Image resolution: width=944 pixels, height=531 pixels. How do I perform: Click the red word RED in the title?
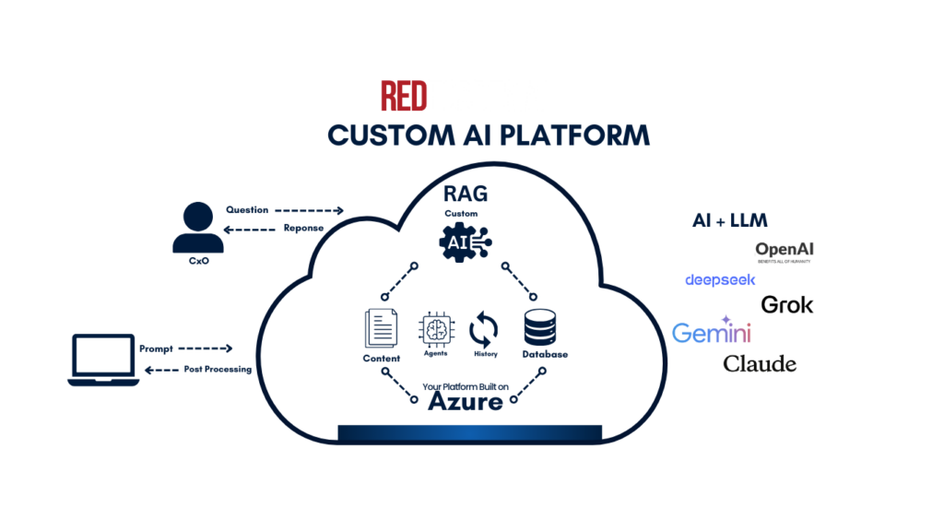(x=405, y=97)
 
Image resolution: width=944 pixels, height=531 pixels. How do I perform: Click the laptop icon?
(x=103, y=359)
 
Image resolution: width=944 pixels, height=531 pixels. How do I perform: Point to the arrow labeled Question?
(x=309, y=210)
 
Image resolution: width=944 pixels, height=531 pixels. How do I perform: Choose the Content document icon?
(x=382, y=329)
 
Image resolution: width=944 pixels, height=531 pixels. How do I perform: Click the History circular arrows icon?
(x=484, y=329)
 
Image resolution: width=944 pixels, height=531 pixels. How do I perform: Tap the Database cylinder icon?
(x=542, y=329)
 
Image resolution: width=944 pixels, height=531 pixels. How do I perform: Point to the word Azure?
(x=466, y=402)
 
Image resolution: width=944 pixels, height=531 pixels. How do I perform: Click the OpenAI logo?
(x=785, y=251)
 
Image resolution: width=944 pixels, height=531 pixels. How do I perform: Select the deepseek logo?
(x=720, y=279)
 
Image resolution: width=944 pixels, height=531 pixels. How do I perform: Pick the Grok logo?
(x=786, y=304)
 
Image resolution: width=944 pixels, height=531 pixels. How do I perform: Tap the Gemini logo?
(x=711, y=333)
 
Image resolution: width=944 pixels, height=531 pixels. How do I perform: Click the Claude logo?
(x=760, y=363)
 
